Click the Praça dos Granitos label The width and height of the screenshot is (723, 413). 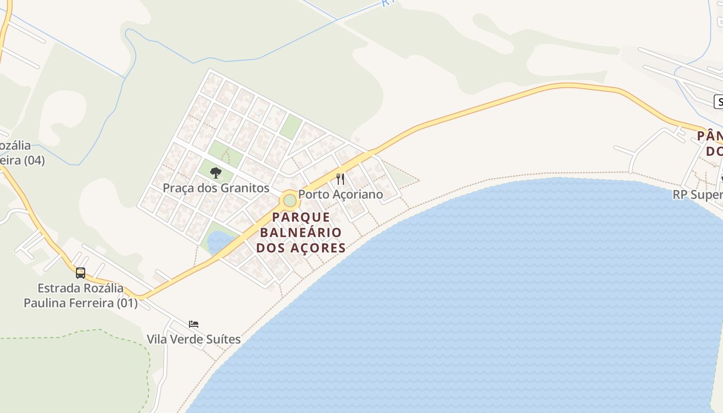click(x=216, y=188)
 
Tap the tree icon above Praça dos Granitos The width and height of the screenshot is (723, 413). click(x=216, y=173)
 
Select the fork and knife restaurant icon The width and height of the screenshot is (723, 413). click(x=340, y=179)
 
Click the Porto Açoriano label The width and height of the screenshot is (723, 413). click(x=341, y=194)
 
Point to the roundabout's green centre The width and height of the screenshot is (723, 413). click(x=290, y=200)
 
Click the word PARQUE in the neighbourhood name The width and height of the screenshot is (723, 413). click(x=301, y=217)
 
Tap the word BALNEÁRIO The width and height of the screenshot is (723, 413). click(x=301, y=232)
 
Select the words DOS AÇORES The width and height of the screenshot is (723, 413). click(x=301, y=248)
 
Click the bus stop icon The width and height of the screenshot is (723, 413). click(x=81, y=273)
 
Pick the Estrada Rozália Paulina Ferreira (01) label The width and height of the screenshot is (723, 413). click(x=81, y=295)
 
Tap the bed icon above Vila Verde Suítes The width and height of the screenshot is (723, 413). click(x=194, y=324)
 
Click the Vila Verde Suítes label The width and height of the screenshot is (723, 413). click(x=194, y=339)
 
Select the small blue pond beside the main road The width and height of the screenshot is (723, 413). click(x=218, y=241)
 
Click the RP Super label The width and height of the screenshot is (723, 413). click(x=698, y=195)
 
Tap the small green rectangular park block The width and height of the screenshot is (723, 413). click(x=291, y=126)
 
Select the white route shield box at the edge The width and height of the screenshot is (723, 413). click(x=718, y=102)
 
